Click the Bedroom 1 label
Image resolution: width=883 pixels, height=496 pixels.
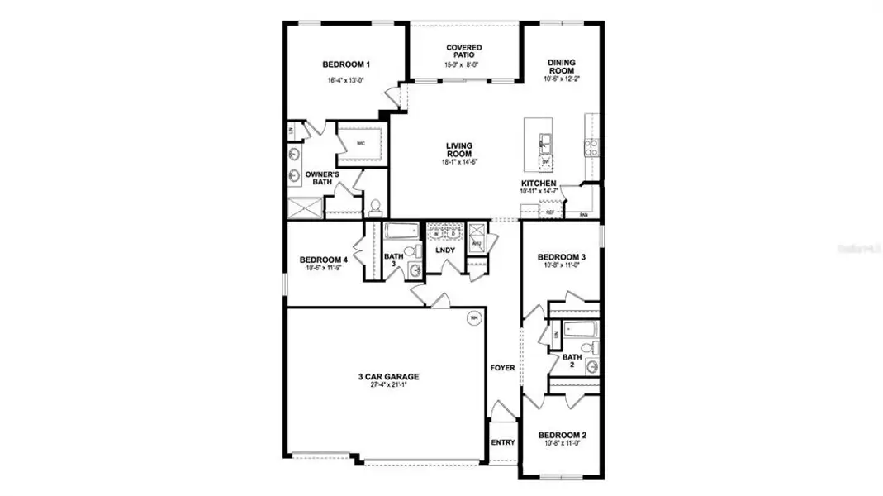pos(345,64)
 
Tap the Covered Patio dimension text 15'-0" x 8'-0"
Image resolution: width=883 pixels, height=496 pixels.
pos(463,64)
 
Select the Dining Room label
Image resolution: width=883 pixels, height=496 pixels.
pos(562,66)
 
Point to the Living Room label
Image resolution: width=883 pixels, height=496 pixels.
pos(458,150)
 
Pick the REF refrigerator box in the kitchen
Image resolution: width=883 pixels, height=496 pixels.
pos(550,212)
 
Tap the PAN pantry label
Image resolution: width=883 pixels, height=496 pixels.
pos(583,215)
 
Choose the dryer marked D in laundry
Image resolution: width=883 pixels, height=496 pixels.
pos(453,234)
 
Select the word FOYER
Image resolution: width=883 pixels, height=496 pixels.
pos(502,368)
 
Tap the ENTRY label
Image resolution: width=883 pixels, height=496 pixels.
pos(502,442)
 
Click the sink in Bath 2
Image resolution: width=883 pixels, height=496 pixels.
pos(591,367)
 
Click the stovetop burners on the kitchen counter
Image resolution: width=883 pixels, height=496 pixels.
pos(591,146)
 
